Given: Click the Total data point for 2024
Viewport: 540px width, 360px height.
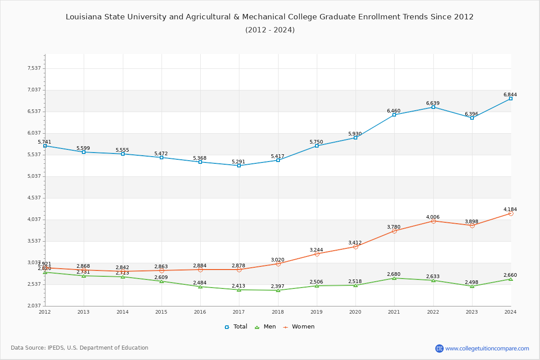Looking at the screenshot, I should (511, 99).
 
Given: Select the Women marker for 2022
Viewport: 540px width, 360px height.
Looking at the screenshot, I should (433, 221).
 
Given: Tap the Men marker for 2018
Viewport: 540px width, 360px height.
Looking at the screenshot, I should (278, 290).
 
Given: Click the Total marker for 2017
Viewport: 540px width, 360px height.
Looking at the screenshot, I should (239, 166).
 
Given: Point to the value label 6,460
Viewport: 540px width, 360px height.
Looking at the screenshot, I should (394, 111).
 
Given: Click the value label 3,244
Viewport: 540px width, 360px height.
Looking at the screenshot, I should (316, 250).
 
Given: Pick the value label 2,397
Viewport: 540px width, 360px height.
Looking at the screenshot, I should (278, 286).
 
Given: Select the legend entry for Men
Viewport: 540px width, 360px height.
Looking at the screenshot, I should (263, 327).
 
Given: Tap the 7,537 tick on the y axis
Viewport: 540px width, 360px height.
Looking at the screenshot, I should (34, 68).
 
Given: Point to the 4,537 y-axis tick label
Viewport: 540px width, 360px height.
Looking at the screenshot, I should (34, 198).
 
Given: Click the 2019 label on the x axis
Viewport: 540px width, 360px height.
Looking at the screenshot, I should (316, 311).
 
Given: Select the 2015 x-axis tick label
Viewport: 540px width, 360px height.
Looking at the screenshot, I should (161, 311).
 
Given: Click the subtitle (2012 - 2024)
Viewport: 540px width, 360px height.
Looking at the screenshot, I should (270, 30).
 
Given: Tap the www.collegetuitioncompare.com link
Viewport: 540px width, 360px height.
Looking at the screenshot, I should (487, 348).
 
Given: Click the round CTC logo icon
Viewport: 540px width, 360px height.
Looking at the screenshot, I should (439, 348).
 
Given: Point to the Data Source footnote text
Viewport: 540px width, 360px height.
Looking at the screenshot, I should (80, 348).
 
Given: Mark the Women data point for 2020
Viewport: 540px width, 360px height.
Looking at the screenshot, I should (355, 247).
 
